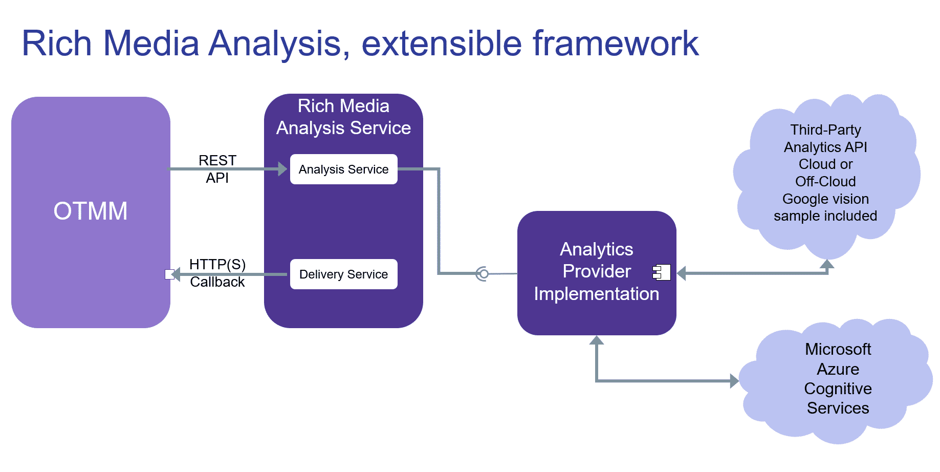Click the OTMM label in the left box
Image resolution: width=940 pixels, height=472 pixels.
[x=91, y=211]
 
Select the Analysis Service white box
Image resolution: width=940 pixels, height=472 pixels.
[x=343, y=169]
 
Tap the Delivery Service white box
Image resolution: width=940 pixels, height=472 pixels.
[x=343, y=274]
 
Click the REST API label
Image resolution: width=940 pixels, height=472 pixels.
[x=217, y=169]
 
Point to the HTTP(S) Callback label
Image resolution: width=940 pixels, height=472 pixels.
[x=217, y=273]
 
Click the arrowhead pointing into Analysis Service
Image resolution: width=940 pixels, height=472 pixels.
[x=282, y=169]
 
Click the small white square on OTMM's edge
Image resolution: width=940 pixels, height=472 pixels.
[x=169, y=274]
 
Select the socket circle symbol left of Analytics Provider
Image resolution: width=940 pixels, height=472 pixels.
[x=482, y=274]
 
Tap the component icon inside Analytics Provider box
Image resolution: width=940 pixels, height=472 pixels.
[x=662, y=272]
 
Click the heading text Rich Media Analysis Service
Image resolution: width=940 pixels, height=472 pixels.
[x=343, y=117]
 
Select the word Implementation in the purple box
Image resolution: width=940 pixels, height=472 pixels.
[x=596, y=294]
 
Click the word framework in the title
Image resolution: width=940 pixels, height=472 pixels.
[x=615, y=44]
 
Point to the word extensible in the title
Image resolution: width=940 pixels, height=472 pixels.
[x=441, y=44]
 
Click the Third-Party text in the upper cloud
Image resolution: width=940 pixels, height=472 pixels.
[x=825, y=130]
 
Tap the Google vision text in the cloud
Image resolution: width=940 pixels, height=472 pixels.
[x=825, y=199]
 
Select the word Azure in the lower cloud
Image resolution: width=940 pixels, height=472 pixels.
[x=838, y=369]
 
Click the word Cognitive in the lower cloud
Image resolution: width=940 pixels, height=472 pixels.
[x=838, y=389]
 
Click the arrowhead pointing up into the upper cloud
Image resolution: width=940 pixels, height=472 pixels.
[x=827, y=264]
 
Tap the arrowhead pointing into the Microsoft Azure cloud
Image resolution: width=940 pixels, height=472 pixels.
[x=734, y=381]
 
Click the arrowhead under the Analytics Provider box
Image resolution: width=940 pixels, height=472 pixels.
[x=597, y=340]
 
